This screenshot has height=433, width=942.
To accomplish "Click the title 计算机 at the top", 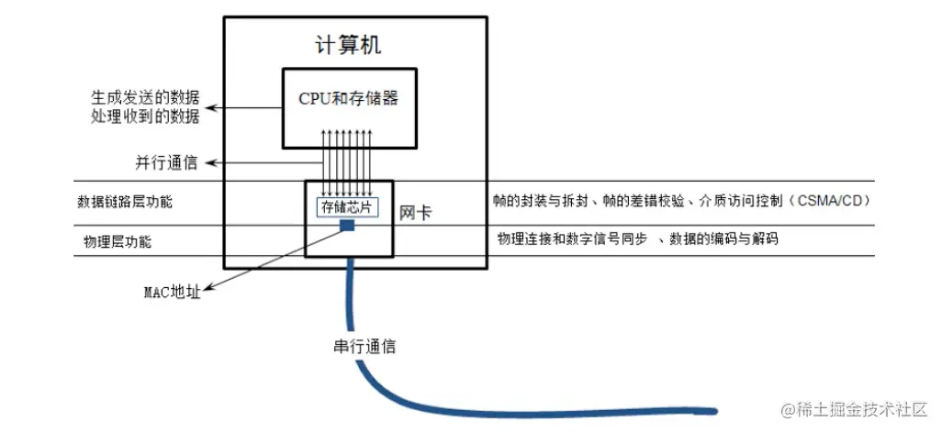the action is [x=348, y=45].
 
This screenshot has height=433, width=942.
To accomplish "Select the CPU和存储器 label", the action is [x=349, y=98].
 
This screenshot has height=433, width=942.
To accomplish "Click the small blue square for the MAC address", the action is [x=348, y=225].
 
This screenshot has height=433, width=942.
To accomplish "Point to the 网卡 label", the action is [x=416, y=212].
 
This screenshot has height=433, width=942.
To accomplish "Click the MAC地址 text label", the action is [x=173, y=293].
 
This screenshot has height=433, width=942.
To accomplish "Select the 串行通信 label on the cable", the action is [x=364, y=347].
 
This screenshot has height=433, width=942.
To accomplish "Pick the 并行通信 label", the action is [x=166, y=162].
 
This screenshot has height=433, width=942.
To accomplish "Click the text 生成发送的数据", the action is [x=145, y=97].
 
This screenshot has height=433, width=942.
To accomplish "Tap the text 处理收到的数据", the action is [x=145, y=117].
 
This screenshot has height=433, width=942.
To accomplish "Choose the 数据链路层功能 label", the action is [x=125, y=201].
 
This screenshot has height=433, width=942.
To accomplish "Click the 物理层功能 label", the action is [x=118, y=242].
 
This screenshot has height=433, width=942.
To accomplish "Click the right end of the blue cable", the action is [x=715, y=411].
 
